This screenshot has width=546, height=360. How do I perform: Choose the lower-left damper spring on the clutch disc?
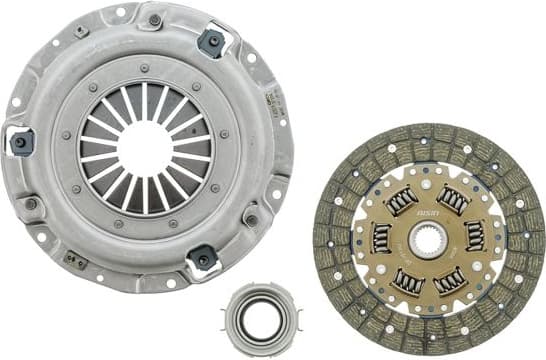[x=406, y=283]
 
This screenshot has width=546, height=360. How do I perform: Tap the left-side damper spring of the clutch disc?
[x=381, y=238]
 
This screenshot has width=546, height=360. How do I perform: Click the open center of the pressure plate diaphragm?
[x=146, y=147]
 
